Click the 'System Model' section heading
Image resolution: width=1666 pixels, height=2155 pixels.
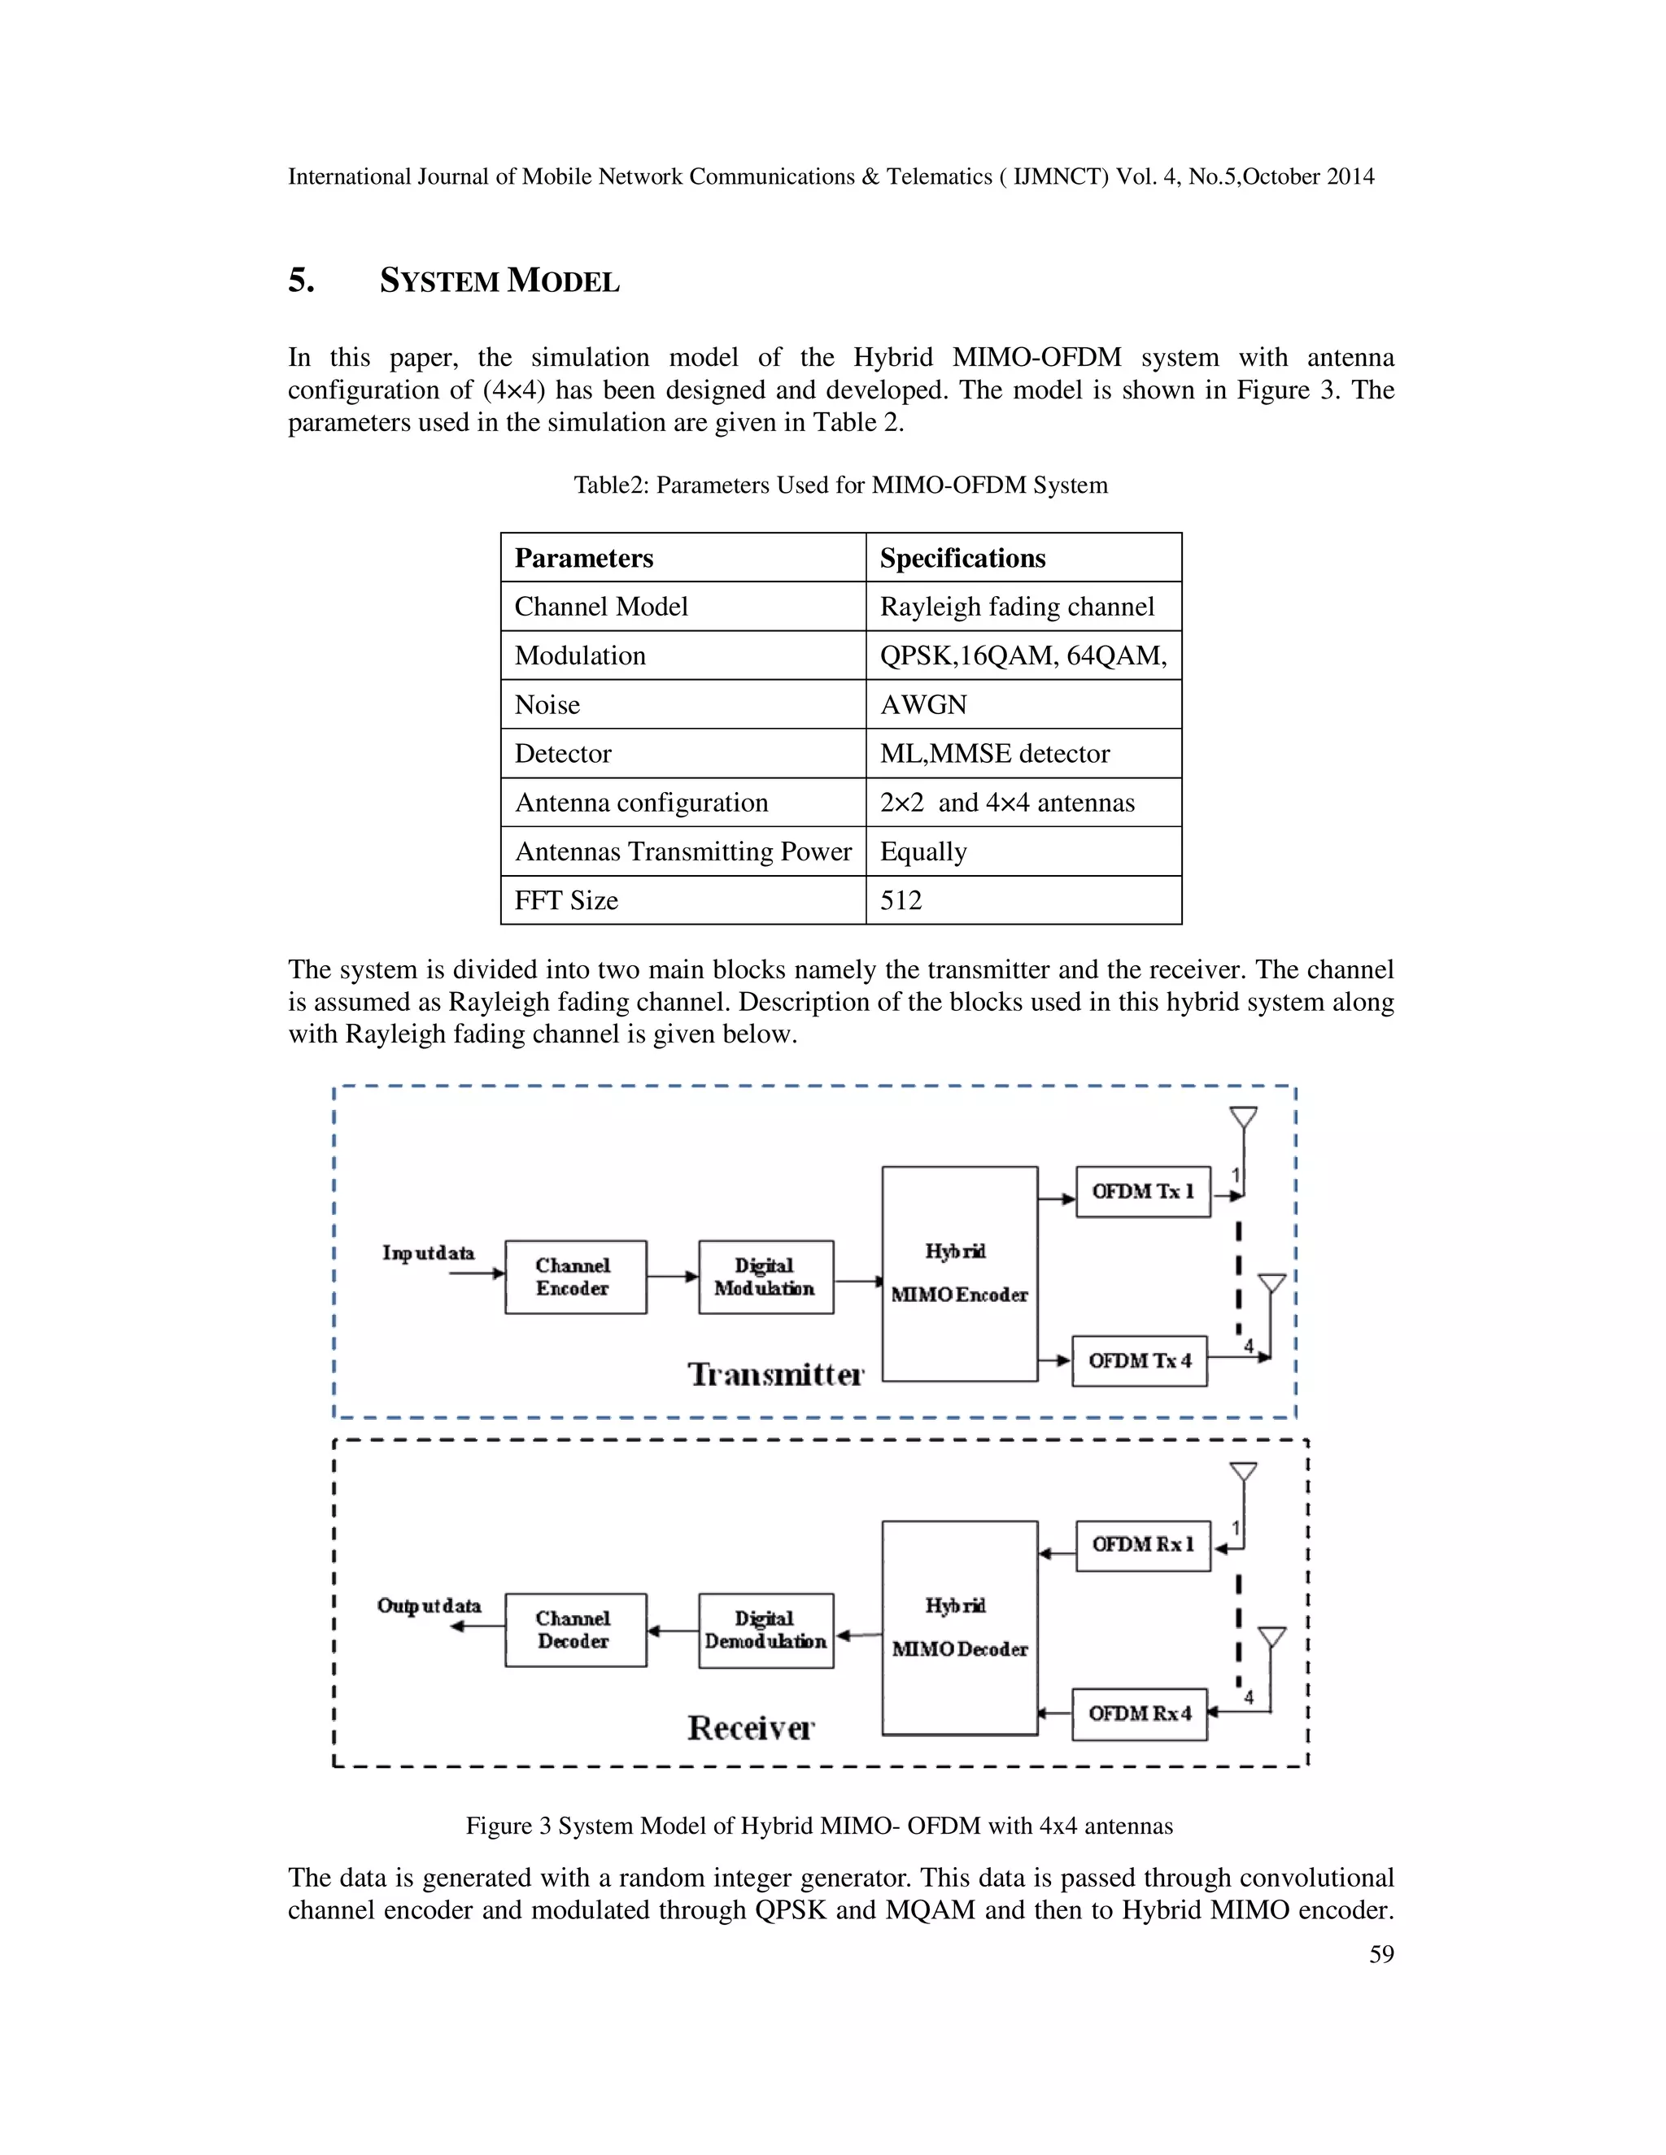pyautogui.click(x=499, y=281)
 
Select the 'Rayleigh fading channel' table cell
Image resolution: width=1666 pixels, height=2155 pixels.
pyautogui.click(x=1017, y=606)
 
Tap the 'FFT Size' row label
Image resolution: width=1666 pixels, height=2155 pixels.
pyautogui.click(x=566, y=900)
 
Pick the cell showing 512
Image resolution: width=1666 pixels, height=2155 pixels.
pyautogui.click(x=901, y=900)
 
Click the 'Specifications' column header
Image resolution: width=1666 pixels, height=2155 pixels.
pyautogui.click(x=962, y=558)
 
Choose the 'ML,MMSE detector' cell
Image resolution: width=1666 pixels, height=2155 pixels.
pyautogui.click(x=995, y=753)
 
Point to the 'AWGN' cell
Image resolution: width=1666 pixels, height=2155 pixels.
pyautogui.click(x=924, y=704)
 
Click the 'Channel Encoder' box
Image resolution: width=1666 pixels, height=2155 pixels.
pyautogui.click(x=574, y=1277)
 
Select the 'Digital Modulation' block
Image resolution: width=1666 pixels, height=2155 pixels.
pyautogui.click(x=765, y=1277)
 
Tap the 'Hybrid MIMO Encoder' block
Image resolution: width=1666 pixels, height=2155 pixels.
pyautogui.click(x=959, y=1273)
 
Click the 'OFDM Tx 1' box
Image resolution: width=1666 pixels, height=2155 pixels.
pyautogui.click(x=1143, y=1191)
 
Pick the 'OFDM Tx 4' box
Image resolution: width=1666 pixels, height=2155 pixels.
pyautogui.click(x=1140, y=1360)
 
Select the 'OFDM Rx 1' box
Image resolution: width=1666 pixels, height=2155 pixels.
pyautogui.click(x=1143, y=1545)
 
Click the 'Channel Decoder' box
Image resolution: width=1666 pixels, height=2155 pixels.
pyautogui.click(x=574, y=1630)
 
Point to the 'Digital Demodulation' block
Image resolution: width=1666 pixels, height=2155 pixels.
pyautogui.click(x=765, y=1630)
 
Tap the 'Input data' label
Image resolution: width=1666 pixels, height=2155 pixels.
pyautogui.click(x=429, y=1253)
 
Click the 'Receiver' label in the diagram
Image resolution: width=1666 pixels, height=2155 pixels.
pyautogui.click(x=750, y=1728)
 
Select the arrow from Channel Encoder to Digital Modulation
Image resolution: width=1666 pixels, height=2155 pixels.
pyautogui.click(x=672, y=1277)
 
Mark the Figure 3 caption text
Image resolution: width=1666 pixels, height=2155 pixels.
pyautogui.click(x=819, y=1826)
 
